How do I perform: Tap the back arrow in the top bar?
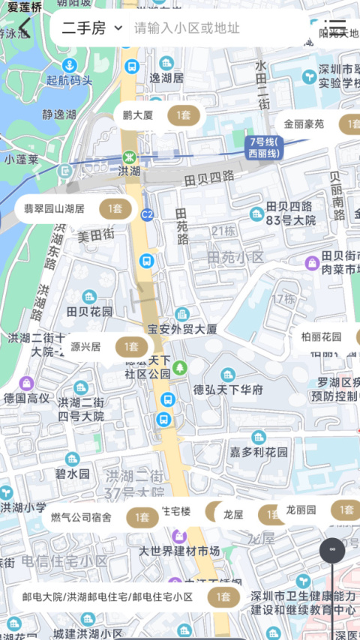[x=24, y=28]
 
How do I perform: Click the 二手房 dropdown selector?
[x=91, y=28]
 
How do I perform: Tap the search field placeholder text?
[x=187, y=28]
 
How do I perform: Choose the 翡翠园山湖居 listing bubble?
[x=73, y=209]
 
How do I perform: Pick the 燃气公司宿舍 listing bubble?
[x=100, y=517]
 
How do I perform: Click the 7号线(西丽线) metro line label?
[x=264, y=148]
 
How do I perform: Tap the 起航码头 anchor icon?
[x=69, y=65]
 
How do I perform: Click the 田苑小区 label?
[x=236, y=257]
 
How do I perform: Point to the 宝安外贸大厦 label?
[x=182, y=328]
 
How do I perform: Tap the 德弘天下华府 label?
[x=228, y=390]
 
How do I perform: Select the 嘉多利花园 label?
[x=259, y=452]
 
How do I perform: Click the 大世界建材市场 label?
[x=179, y=551]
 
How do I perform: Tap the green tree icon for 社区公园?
[x=179, y=367]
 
